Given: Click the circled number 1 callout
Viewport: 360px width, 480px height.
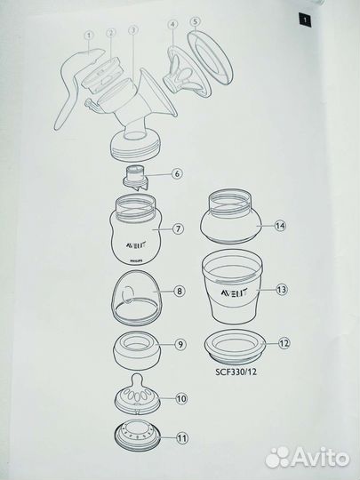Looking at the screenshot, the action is coord(89,36).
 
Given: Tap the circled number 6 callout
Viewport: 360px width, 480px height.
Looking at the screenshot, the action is coord(177,174).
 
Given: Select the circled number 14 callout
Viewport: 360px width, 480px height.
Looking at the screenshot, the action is coord(280,226).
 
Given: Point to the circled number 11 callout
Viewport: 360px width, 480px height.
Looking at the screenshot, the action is coord(182,438).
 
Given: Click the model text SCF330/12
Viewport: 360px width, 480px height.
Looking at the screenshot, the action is coord(236,372).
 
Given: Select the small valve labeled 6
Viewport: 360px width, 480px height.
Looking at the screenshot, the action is coord(135,179).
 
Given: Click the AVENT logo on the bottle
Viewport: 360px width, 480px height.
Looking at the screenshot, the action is coord(135,245).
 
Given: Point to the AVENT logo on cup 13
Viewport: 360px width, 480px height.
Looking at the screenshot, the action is coord(234,293).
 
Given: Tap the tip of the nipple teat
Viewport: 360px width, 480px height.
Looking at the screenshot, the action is coord(137,376).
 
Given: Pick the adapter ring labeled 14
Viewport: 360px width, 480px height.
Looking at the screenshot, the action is coord(230,216).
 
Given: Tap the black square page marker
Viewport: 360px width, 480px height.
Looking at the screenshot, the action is coord(305,20).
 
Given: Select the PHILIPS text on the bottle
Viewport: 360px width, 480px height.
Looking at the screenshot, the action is coord(137,261).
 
